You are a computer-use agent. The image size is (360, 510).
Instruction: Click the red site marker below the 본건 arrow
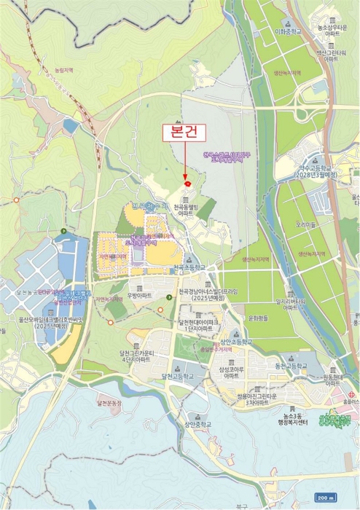(188, 185)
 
